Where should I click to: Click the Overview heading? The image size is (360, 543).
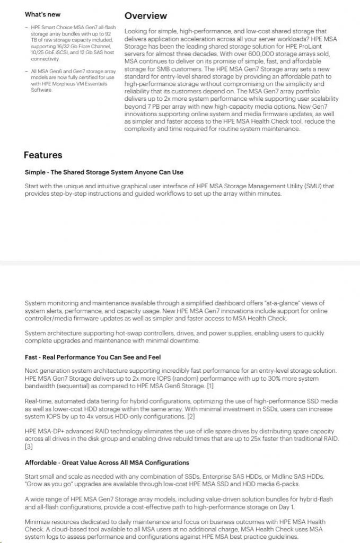coord(145,16)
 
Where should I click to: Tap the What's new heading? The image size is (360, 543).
coord(42,14)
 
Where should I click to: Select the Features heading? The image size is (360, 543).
coord(43,155)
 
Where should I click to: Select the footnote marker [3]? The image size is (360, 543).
coord(29,446)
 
